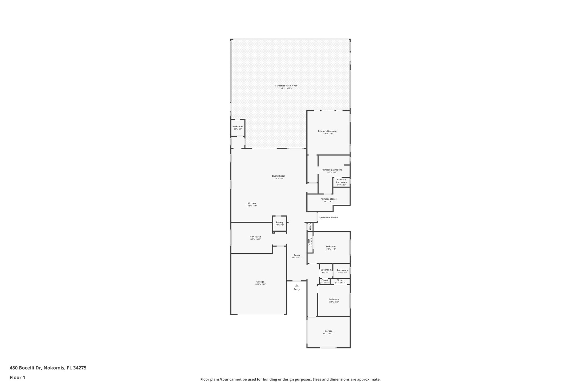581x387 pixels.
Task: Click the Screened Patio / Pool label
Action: (x=287, y=86)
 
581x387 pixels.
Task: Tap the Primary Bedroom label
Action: (x=327, y=131)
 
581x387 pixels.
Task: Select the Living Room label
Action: (x=279, y=176)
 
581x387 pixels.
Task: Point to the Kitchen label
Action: (x=252, y=204)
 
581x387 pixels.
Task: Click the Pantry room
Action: (x=279, y=223)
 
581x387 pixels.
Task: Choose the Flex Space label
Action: (x=255, y=237)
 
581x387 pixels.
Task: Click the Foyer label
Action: (x=297, y=255)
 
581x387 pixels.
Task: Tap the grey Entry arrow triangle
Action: (x=296, y=286)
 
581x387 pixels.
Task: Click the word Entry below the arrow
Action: (x=296, y=289)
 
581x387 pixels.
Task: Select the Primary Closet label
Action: (x=329, y=199)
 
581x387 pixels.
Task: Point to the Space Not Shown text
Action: (x=328, y=217)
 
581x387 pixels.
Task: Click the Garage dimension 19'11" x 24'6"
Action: (x=260, y=284)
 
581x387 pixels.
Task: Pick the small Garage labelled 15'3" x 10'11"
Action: (x=328, y=332)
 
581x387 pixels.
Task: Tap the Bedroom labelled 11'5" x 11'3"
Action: (x=334, y=301)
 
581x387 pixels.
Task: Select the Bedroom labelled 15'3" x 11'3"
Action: (x=330, y=248)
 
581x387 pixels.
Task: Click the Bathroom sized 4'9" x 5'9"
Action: (x=238, y=128)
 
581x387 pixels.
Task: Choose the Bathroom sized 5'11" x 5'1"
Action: (x=342, y=271)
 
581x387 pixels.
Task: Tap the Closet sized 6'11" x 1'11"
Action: (x=340, y=281)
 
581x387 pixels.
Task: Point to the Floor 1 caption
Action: (x=18, y=377)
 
